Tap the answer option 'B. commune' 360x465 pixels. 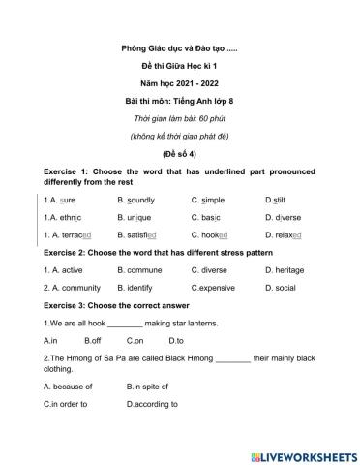(x=138, y=270)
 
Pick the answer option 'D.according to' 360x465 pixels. (x=158, y=403)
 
